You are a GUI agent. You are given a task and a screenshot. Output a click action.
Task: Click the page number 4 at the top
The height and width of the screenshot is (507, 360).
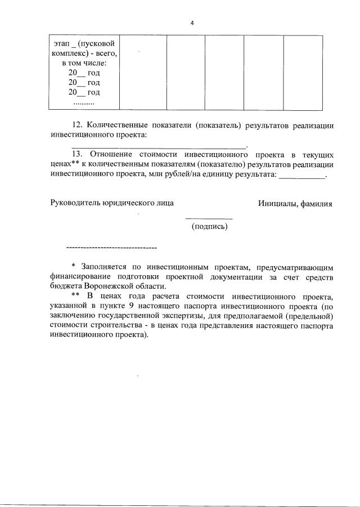[x=192, y=23]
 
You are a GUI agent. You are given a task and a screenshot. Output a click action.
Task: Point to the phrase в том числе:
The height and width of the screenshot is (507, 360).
[x=84, y=63]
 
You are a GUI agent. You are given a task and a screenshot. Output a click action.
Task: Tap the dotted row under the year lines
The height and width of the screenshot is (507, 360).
[x=84, y=103]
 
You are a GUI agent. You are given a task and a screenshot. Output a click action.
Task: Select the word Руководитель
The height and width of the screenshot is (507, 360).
[x=75, y=203]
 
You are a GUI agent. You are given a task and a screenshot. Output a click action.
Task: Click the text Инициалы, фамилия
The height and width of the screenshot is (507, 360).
[x=295, y=203]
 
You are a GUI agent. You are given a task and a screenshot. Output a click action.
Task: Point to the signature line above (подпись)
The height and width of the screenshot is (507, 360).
[x=209, y=218]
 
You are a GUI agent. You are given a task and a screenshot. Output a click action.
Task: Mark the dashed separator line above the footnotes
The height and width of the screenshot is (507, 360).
[x=111, y=248]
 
